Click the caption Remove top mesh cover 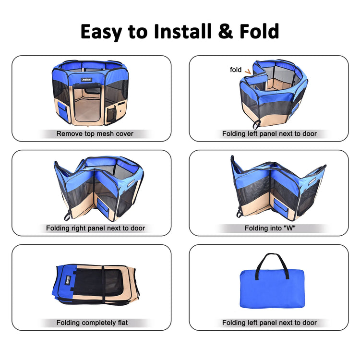click(x=95, y=133)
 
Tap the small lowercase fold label click(x=236, y=70)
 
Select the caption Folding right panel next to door click(x=96, y=228)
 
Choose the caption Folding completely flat click(x=92, y=323)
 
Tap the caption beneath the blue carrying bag click(x=269, y=323)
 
